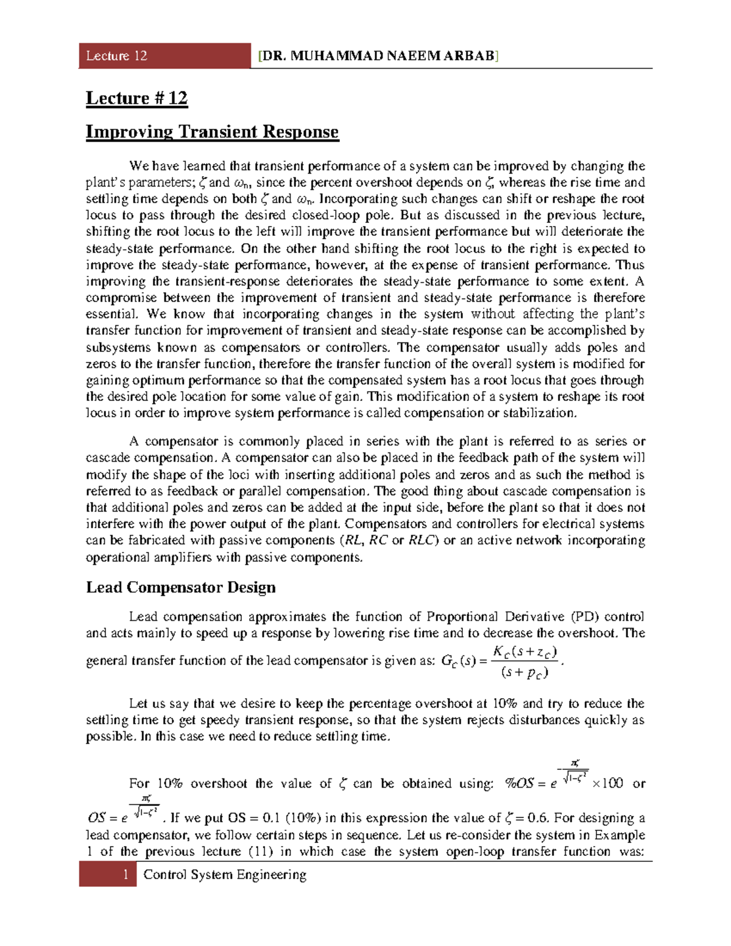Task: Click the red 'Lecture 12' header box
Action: (164, 56)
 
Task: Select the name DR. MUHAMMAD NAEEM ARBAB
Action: (378, 57)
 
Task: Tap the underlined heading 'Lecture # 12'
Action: (136, 99)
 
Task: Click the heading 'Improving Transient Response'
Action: (212, 132)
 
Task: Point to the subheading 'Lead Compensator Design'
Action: (181, 588)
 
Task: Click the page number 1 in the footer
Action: (126, 875)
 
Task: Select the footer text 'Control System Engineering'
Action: (225, 875)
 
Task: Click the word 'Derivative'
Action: (534, 616)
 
